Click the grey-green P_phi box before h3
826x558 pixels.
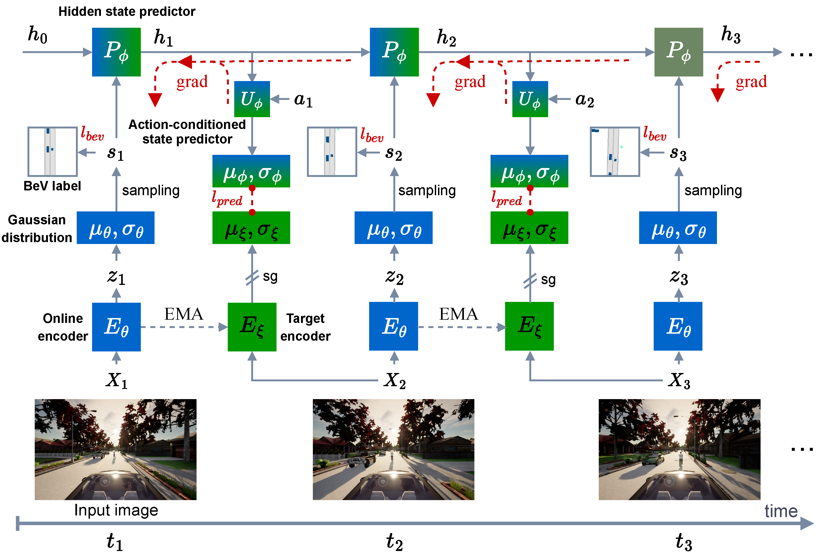[678, 52]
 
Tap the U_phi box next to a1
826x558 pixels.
[252, 99]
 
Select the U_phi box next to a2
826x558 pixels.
[530, 99]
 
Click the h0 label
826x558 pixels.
[38, 34]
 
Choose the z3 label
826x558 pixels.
[679, 277]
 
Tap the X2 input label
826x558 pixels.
[394, 381]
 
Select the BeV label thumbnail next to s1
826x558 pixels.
[52, 151]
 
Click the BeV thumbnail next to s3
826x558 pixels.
[615, 151]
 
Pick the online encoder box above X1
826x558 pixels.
[116, 327]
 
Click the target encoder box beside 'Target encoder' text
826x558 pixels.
[252, 327]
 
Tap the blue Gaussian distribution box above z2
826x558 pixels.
[393, 228]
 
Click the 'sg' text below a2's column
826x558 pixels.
[548, 280]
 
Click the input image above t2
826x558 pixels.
[393, 449]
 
